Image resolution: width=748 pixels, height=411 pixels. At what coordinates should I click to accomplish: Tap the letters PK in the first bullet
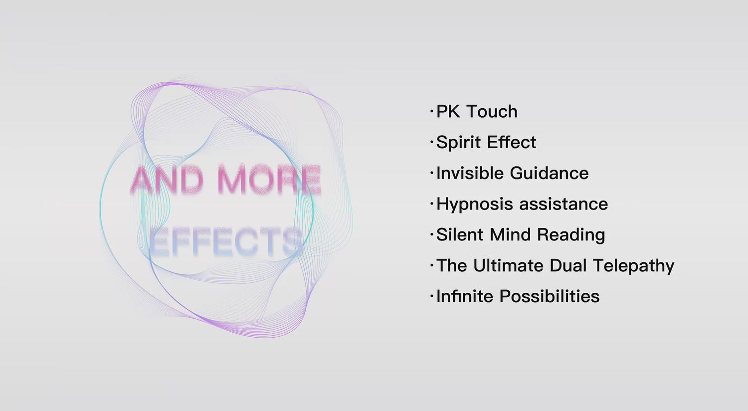448,112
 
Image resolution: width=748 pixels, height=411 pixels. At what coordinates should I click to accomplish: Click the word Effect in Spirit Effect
512,142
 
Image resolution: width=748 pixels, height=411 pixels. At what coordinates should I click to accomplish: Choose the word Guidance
550,173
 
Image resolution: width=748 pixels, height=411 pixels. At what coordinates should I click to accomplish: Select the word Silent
460,235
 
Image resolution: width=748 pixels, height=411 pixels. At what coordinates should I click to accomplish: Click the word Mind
510,235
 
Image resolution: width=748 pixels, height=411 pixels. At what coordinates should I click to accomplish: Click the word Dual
568,266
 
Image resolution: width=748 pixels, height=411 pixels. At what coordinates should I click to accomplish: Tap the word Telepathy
634,266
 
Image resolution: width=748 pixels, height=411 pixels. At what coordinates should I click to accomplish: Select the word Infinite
464,296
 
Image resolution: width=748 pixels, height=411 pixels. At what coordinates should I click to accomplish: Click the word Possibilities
550,296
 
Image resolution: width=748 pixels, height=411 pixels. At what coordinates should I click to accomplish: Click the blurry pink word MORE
269,179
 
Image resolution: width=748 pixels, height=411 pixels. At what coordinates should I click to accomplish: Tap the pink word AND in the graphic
167,179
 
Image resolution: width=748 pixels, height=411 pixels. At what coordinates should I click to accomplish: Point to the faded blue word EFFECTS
225,241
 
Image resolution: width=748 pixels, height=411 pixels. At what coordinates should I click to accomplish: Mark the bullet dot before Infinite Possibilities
432,296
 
